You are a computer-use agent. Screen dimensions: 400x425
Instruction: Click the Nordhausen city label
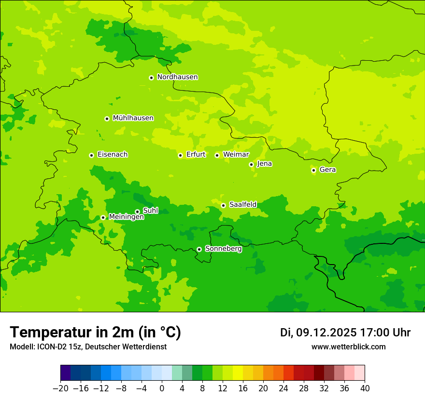(x=177, y=77)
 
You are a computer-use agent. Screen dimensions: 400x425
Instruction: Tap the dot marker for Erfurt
(x=180, y=155)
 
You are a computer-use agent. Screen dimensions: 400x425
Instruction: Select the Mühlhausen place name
(x=133, y=118)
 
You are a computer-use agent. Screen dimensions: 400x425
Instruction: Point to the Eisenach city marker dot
(x=91, y=155)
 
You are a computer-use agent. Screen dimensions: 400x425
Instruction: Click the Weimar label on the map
(x=236, y=155)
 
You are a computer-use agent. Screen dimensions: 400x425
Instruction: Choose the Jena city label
(x=264, y=164)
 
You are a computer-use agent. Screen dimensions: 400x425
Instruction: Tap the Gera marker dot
(x=313, y=170)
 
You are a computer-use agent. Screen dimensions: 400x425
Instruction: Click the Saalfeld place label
(x=242, y=205)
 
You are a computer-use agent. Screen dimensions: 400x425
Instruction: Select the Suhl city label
(x=150, y=211)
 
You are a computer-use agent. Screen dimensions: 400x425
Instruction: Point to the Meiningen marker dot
(x=103, y=217)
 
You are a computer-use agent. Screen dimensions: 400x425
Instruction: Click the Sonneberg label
(x=223, y=249)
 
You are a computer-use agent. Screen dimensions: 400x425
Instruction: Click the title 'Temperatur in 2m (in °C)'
(x=95, y=333)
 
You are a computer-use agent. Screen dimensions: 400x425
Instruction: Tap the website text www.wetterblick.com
(x=348, y=347)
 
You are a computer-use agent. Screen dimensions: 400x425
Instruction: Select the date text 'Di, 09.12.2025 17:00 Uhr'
(x=345, y=333)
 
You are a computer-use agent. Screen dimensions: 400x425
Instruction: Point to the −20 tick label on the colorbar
(x=60, y=388)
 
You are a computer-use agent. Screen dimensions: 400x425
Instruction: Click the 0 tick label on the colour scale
(x=162, y=388)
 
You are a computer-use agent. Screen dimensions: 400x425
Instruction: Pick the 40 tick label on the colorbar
(x=365, y=388)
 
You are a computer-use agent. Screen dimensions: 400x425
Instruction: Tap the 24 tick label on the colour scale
(x=283, y=388)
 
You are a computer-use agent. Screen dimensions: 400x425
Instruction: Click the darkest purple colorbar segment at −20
(x=65, y=373)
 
